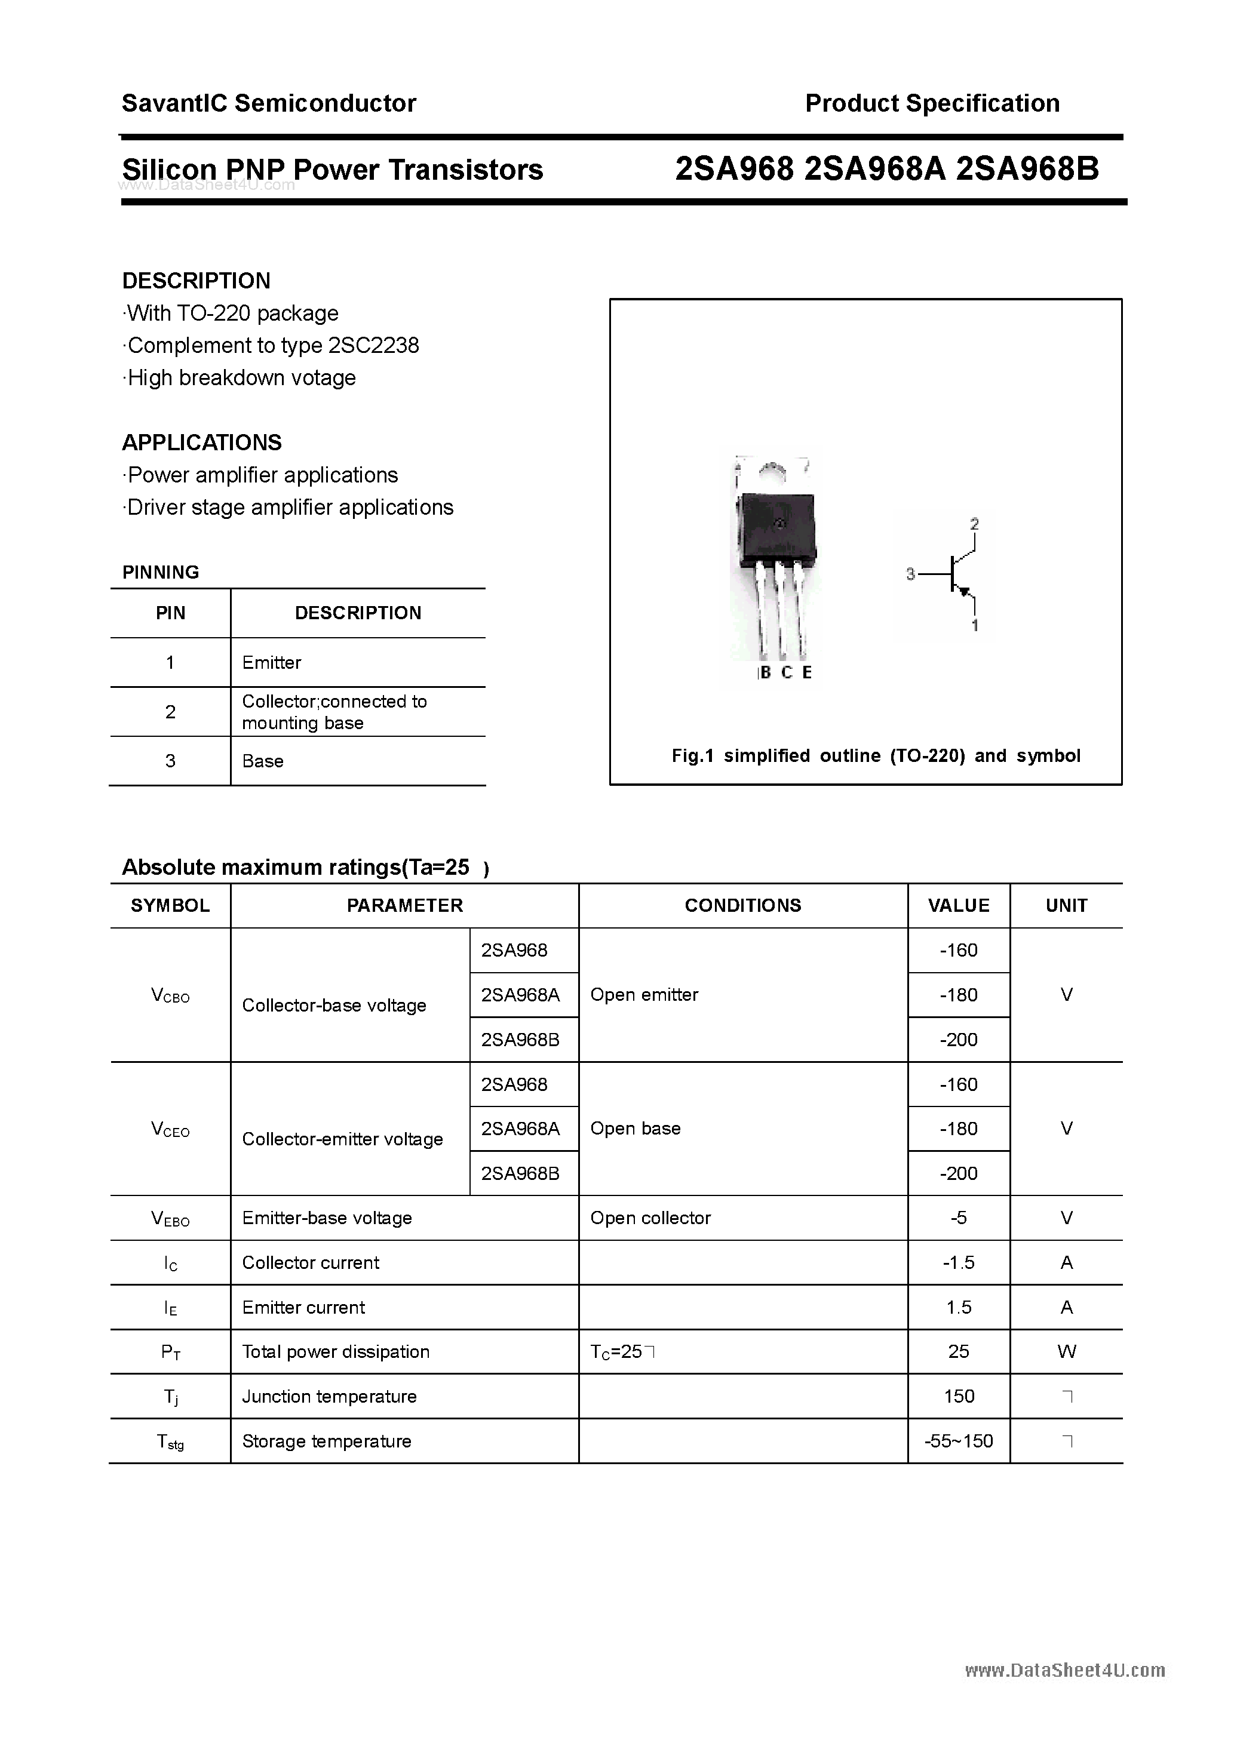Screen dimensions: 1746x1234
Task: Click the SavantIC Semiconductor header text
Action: tap(269, 103)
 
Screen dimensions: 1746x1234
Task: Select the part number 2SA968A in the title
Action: tap(874, 170)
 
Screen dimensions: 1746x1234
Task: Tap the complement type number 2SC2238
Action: tap(373, 346)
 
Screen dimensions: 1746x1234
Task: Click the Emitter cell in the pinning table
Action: tap(272, 662)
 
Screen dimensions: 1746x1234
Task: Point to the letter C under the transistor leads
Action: tap(787, 673)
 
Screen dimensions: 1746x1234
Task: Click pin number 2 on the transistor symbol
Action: tap(975, 524)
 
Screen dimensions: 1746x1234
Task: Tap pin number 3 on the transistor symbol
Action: tap(910, 575)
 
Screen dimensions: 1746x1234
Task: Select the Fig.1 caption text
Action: tap(876, 756)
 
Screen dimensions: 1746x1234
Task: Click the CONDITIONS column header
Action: tap(742, 906)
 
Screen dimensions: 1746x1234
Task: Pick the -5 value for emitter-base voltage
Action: tap(959, 1218)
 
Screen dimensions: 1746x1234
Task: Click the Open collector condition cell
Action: tap(650, 1218)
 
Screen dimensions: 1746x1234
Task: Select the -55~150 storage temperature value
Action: tap(959, 1441)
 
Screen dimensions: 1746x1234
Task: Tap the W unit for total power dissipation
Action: tap(1067, 1351)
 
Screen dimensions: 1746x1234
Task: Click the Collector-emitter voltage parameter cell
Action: tap(342, 1139)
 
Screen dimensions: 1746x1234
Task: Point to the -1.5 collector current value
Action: tap(959, 1263)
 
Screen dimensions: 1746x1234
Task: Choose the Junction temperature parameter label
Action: tap(330, 1396)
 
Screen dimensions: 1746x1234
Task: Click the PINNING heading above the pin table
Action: tap(161, 573)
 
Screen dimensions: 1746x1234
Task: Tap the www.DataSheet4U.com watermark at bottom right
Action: tap(1064, 1671)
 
